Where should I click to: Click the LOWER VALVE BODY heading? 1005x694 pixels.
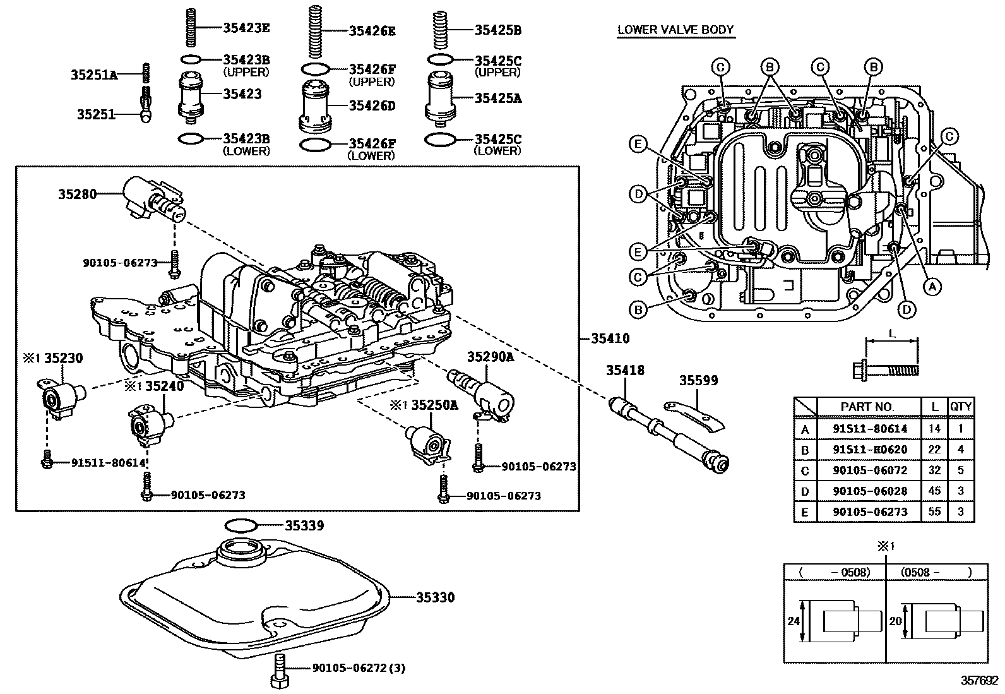[675, 30]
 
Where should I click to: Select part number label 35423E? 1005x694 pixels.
[246, 27]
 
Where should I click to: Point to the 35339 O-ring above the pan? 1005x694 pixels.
[241, 525]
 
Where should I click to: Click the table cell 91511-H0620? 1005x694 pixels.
[869, 450]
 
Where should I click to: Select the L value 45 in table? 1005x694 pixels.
[934, 491]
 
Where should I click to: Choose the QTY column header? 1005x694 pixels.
[961, 407]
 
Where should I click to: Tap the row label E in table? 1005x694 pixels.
[804, 512]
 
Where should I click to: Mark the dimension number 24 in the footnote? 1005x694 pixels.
[794, 621]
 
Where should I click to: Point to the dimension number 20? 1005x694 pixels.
[895, 621]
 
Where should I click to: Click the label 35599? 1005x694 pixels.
[698, 381]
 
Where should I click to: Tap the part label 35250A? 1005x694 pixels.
[434, 405]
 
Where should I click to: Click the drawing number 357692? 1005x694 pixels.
[980, 681]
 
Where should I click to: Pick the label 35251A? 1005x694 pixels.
[93, 75]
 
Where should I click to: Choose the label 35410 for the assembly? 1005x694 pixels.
[610, 338]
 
